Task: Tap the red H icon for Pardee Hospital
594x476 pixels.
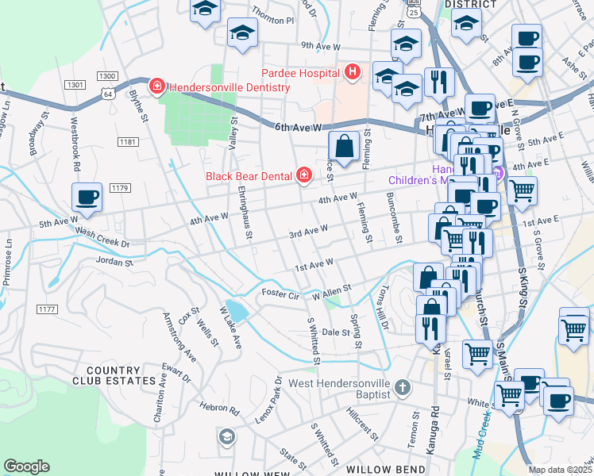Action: tap(353, 74)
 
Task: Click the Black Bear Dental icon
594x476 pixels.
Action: tap(303, 175)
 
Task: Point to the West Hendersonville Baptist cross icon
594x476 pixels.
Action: tap(403, 388)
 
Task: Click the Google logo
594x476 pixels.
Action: tap(26, 466)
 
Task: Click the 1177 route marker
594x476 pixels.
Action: tap(47, 309)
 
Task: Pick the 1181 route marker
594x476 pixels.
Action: tap(128, 142)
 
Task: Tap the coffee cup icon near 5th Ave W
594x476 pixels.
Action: tap(87, 198)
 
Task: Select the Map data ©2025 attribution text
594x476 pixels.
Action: tap(560, 470)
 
